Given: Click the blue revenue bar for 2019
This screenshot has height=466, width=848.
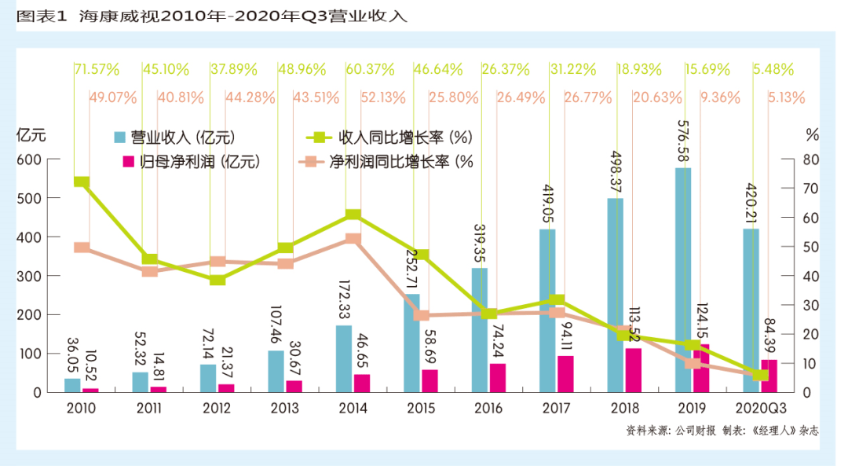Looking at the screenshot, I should (x=683, y=283).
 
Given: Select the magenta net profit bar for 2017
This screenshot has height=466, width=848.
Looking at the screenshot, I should (x=565, y=374).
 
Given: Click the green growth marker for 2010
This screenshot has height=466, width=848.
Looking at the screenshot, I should (x=81, y=182).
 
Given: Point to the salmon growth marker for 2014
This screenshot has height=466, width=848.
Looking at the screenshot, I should (x=353, y=239).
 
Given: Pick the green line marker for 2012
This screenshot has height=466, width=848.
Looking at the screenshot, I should (x=217, y=279).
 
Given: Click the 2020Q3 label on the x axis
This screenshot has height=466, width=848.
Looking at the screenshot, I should (x=760, y=409).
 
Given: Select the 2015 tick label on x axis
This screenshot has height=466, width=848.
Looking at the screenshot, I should (x=420, y=409).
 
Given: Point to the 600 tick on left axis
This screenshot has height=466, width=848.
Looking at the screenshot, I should (x=29, y=160).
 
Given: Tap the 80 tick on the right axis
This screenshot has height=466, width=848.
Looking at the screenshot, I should (x=811, y=160).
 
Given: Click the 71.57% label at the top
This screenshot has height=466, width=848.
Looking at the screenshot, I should (x=97, y=69).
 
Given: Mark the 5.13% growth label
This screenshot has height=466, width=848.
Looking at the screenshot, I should (x=787, y=98).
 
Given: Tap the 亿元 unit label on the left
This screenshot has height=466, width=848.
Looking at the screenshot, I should (x=31, y=134).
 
